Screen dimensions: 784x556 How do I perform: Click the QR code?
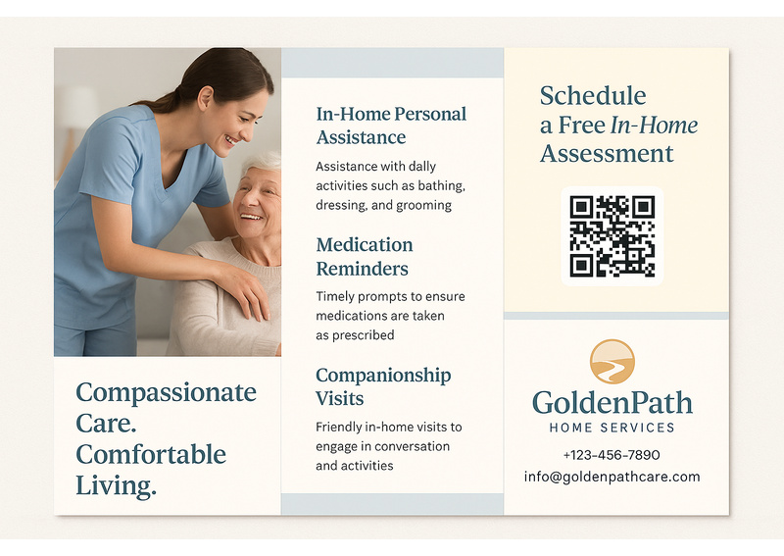[612, 236]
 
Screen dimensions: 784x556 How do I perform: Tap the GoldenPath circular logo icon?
[612, 361]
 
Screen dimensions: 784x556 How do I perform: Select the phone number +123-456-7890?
[612, 455]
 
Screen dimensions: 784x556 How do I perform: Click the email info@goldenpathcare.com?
[612, 477]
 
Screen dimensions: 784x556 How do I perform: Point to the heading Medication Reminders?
[365, 257]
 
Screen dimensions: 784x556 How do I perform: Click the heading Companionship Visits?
[383, 386]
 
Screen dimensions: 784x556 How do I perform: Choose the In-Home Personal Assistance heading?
[391, 126]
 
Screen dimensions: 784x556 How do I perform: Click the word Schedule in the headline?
[593, 95]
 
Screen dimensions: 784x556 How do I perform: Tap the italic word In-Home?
[654, 126]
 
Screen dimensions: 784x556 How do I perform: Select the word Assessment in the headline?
[607, 154]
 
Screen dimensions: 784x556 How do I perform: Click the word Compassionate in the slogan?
[166, 393]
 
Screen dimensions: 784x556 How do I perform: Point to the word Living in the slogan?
[116, 486]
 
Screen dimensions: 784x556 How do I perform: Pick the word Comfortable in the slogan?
[151, 454]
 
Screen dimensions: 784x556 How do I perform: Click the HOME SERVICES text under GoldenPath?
[612, 428]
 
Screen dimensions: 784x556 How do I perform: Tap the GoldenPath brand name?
[612, 403]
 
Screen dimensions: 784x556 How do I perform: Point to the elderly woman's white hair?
[262, 164]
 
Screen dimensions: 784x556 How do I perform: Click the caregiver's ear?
[206, 98]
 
